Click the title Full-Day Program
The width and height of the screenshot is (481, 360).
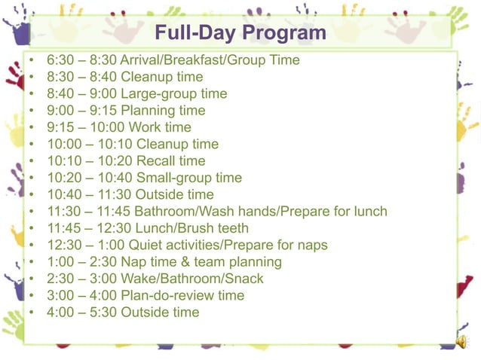coord(240,34)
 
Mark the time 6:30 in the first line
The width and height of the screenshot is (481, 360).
coord(60,60)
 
